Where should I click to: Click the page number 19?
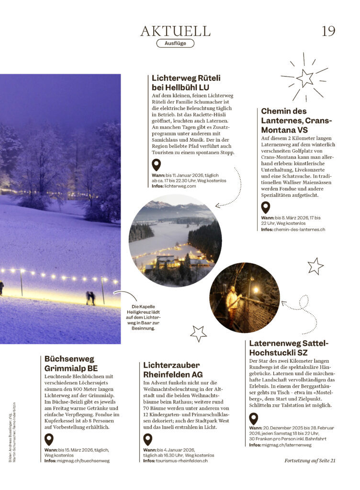tap(328, 31)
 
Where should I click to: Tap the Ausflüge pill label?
tap(175, 44)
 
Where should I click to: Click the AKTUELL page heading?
tap(175, 31)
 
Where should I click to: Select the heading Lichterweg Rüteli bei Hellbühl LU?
tap(186, 82)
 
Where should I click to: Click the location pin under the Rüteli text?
tap(156, 166)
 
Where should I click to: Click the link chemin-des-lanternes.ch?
tap(300, 229)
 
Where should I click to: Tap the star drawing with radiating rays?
tap(304, 77)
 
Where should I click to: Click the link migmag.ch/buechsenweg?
tap(84, 460)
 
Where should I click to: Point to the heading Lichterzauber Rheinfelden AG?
tap(173, 369)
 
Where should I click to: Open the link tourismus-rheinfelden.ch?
tap(181, 460)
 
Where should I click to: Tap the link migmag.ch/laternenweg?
tap(287, 445)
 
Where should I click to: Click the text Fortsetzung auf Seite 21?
tap(310, 460)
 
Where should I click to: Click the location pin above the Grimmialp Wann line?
tap(49, 440)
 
